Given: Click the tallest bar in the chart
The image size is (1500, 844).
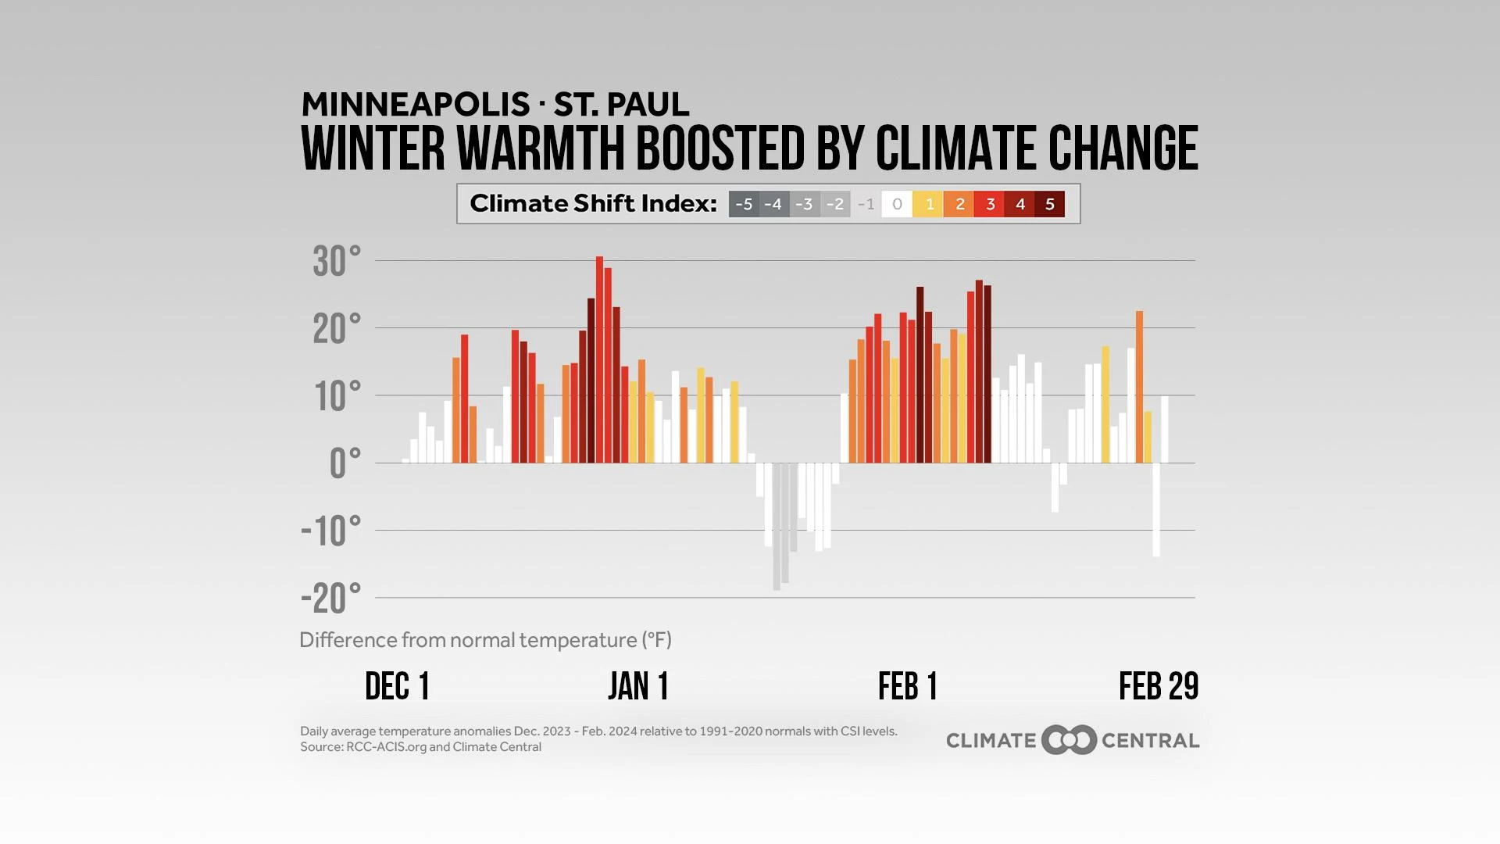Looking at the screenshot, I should pyautogui.click(x=599, y=359).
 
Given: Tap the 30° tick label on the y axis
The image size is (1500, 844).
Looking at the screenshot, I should pyautogui.click(x=337, y=262).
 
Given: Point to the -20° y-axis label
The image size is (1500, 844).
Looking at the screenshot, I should pyautogui.click(x=331, y=599).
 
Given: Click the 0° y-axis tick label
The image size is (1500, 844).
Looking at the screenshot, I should pyautogui.click(x=345, y=464).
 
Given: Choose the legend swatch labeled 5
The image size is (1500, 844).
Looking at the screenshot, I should pyautogui.click(x=1050, y=205).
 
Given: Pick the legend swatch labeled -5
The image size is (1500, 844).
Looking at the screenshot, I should pyautogui.click(x=744, y=205).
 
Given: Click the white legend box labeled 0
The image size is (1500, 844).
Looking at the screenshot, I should pyautogui.click(x=897, y=205).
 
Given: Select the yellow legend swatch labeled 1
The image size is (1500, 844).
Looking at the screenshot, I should pyautogui.click(x=929, y=205).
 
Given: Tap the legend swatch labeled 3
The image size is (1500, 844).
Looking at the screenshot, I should pyautogui.click(x=990, y=205).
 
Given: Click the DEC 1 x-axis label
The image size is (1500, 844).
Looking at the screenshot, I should pyautogui.click(x=397, y=687).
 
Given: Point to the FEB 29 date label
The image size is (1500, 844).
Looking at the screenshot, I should pyautogui.click(x=1158, y=687).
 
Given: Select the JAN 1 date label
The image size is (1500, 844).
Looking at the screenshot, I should pyautogui.click(x=638, y=687).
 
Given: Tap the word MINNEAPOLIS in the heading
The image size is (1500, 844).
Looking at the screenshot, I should pyautogui.click(x=416, y=105).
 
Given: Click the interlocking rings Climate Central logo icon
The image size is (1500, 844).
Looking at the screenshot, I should pyautogui.click(x=1069, y=740).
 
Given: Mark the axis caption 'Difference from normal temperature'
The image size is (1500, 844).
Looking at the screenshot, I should pyautogui.click(x=485, y=640).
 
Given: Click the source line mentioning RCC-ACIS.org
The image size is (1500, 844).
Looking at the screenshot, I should pyautogui.click(x=420, y=747).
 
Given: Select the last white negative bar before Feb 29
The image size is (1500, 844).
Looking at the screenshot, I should pyautogui.click(x=1156, y=510).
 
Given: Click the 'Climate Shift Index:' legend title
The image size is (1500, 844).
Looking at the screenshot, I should pyautogui.click(x=593, y=204).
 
